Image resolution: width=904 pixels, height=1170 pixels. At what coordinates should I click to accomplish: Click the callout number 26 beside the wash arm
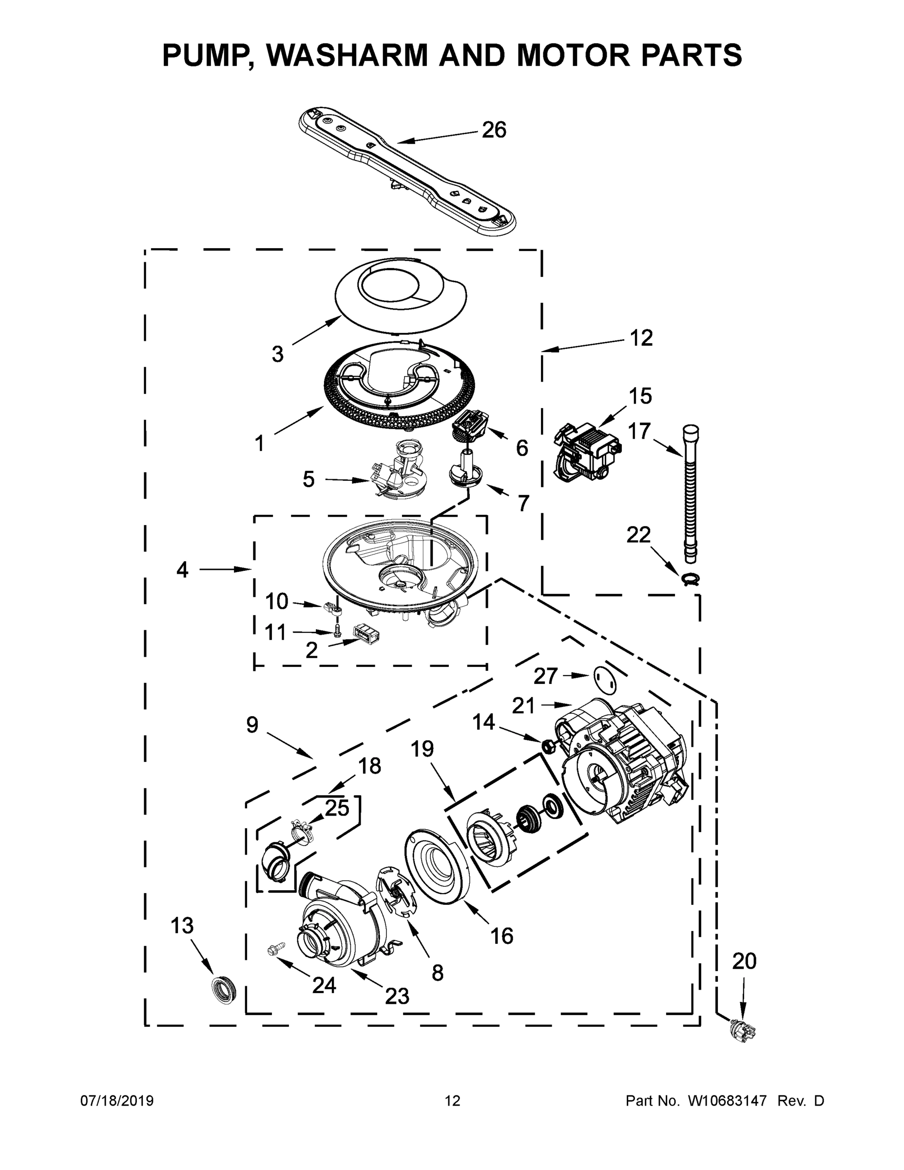493,130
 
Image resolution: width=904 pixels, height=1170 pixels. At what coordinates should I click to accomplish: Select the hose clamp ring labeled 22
692,579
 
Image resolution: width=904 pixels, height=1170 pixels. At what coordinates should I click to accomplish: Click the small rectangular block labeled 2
366,632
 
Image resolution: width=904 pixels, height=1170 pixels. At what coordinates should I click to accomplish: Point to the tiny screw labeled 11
337,633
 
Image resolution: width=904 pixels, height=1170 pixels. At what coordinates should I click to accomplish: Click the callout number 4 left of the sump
183,569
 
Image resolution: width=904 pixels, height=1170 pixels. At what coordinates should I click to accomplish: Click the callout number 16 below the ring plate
501,936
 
